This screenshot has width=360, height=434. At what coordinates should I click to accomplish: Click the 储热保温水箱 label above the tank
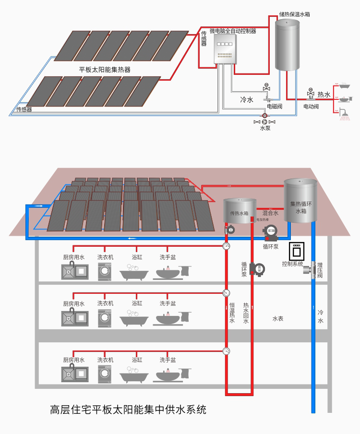(x=294, y=14)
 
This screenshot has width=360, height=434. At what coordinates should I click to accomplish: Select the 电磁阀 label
(x=275, y=106)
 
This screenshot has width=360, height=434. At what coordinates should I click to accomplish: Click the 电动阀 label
(x=311, y=106)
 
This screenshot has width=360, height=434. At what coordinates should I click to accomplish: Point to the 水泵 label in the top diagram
(x=265, y=128)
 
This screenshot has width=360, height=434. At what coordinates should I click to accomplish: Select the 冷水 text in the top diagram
(x=246, y=100)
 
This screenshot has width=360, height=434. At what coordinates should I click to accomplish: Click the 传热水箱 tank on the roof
(x=240, y=211)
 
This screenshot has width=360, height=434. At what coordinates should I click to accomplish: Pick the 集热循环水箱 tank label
(x=300, y=207)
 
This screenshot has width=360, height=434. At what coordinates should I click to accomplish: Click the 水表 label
(x=277, y=319)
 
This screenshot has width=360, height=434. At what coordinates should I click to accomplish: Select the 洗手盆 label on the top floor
(x=168, y=257)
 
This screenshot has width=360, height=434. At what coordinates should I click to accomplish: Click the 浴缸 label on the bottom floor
(x=137, y=360)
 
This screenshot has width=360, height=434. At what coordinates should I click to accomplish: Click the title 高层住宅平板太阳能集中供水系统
(x=128, y=410)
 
